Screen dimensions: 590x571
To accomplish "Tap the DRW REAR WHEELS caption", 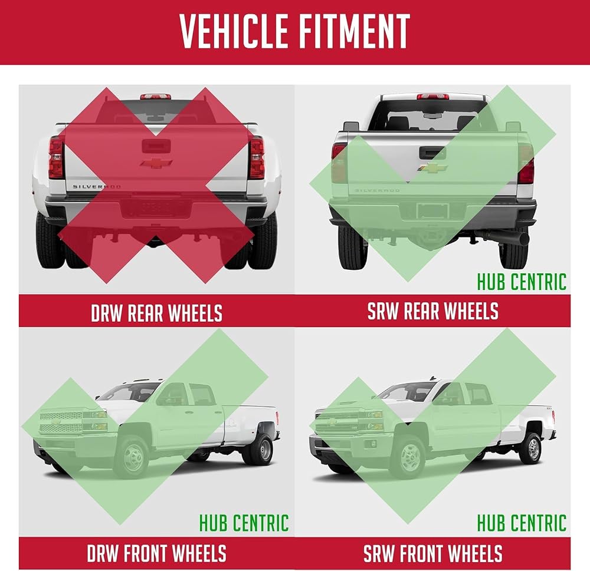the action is click(156, 313).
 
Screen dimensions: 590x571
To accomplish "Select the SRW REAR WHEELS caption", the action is click(432, 311).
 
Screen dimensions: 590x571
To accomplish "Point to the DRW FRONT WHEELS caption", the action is click(156, 553).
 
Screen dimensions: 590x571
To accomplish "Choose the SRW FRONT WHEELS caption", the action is click(432, 553).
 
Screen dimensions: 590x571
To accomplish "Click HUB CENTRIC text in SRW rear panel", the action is click(522, 282).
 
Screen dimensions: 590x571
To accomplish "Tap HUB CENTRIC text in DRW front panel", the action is click(244, 523).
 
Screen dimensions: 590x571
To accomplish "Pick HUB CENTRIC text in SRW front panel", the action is click(522, 523).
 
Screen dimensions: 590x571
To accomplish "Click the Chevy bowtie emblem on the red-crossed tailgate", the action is click(156, 163).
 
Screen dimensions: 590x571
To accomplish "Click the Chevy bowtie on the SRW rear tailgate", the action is click(432, 168).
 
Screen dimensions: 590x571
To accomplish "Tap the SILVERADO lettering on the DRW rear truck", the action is click(97, 186).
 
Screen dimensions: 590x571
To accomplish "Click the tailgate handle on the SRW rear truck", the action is click(432, 153).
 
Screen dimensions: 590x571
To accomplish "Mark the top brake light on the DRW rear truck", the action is click(156, 97).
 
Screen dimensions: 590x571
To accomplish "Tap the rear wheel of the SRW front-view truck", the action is click(531, 449).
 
